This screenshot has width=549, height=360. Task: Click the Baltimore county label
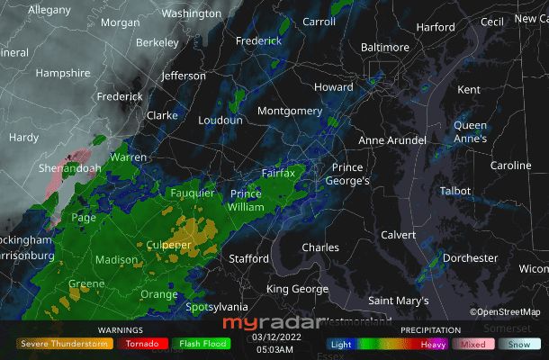(384, 48)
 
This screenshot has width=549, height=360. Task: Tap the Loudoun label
(220, 120)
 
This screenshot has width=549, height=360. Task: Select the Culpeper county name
(168, 245)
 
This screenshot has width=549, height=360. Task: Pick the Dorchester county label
(470, 258)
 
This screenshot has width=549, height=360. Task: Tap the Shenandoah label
(69, 168)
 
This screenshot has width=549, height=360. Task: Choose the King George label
(297, 289)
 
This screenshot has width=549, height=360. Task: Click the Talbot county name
(455, 191)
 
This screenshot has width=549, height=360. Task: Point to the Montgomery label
(290, 111)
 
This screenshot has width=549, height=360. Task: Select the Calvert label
(399, 235)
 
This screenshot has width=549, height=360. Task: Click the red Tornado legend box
(143, 343)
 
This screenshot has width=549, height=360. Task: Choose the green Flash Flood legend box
(202, 343)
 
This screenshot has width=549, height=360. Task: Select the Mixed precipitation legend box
(473, 343)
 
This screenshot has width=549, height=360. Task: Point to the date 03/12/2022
(274, 337)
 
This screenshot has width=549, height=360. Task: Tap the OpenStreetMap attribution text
(504, 312)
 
